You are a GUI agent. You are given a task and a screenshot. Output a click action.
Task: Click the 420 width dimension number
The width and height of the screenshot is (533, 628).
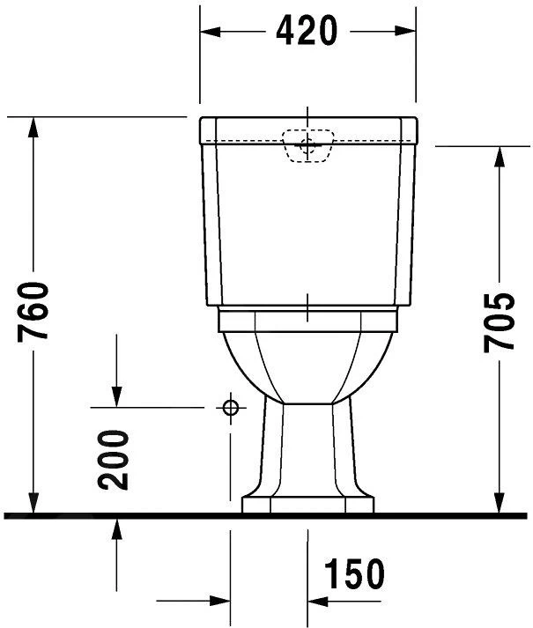pyautogui.click(x=307, y=31)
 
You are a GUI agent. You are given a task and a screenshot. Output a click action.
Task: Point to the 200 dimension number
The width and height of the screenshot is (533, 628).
pyautogui.click(x=114, y=459)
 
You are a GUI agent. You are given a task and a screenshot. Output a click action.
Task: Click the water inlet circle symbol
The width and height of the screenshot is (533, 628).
pyautogui.click(x=231, y=407)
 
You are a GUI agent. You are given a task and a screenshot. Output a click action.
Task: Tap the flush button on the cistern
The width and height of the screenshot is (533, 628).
pyautogui.click(x=307, y=146)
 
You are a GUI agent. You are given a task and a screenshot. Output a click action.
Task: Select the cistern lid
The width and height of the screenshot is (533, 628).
pyautogui.click(x=307, y=129)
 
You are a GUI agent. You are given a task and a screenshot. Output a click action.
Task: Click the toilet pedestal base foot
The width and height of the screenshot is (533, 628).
pyautogui.click(x=307, y=504)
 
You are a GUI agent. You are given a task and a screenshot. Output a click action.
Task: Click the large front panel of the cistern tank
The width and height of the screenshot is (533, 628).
pyautogui.click(x=307, y=229)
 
